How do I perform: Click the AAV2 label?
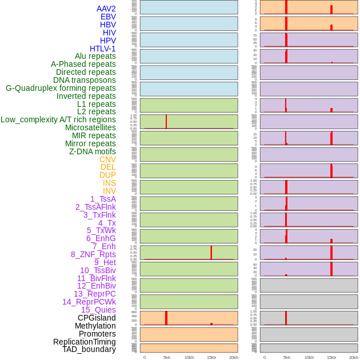click(x=106, y=9)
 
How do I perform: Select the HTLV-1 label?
click(x=102, y=49)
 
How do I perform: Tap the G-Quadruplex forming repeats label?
click(x=61, y=88)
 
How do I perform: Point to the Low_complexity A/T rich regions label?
click(x=58, y=119)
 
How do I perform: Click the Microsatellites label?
click(x=90, y=127)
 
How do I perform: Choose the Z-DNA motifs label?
click(x=93, y=151)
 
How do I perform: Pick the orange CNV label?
click(x=107, y=159)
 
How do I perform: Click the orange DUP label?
click(x=107, y=175)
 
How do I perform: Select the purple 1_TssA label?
click(x=103, y=199)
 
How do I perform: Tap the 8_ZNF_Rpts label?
click(x=93, y=254)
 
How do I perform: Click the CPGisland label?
click(x=97, y=318)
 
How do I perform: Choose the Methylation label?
click(x=95, y=326)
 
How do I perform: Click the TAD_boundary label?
click(x=89, y=349)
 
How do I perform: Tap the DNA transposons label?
click(x=85, y=80)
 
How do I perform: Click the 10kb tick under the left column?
click(x=189, y=357)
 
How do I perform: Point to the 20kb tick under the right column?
click(x=354, y=357)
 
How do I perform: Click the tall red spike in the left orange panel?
click(x=166, y=318)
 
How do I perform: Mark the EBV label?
click(x=108, y=17)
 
